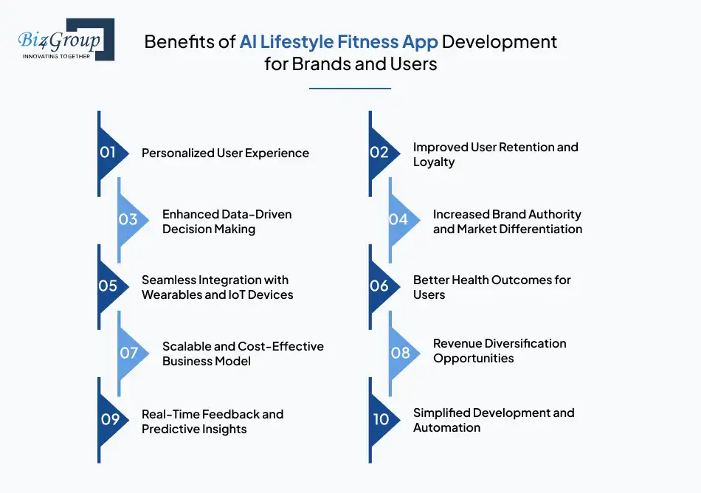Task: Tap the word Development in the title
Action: point(500,42)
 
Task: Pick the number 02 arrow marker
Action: point(384,154)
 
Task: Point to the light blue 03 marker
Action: point(133,220)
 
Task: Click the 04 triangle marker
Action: point(404,220)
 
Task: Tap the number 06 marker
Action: point(384,286)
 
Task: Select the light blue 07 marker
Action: point(133,353)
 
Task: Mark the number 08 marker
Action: point(404,353)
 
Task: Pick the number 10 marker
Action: point(384,420)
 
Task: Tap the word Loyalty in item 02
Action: point(434,162)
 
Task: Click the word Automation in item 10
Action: point(446,428)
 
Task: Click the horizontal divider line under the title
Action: point(350,89)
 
